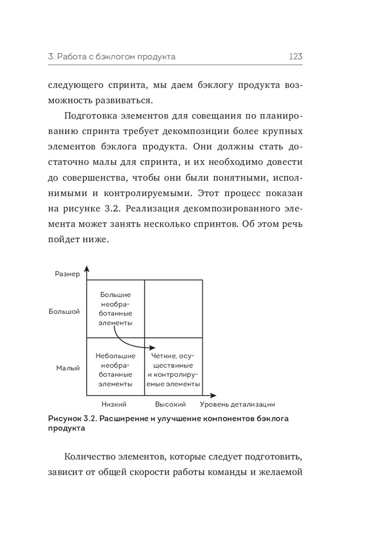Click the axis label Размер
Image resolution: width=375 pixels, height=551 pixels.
tap(67, 274)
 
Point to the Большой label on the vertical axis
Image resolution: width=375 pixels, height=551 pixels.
tap(64, 312)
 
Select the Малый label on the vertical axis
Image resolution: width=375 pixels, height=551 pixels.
tap(68, 369)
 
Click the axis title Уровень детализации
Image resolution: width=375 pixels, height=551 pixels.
tap(238, 404)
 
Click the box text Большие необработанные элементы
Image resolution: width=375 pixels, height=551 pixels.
tap(116, 308)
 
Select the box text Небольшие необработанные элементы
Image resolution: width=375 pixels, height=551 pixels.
tap(115, 370)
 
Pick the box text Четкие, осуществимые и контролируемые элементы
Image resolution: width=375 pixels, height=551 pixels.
tap(173, 370)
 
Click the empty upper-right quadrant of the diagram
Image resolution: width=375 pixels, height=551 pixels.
tap(174, 308)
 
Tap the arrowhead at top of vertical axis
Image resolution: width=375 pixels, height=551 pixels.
tap(87, 269)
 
